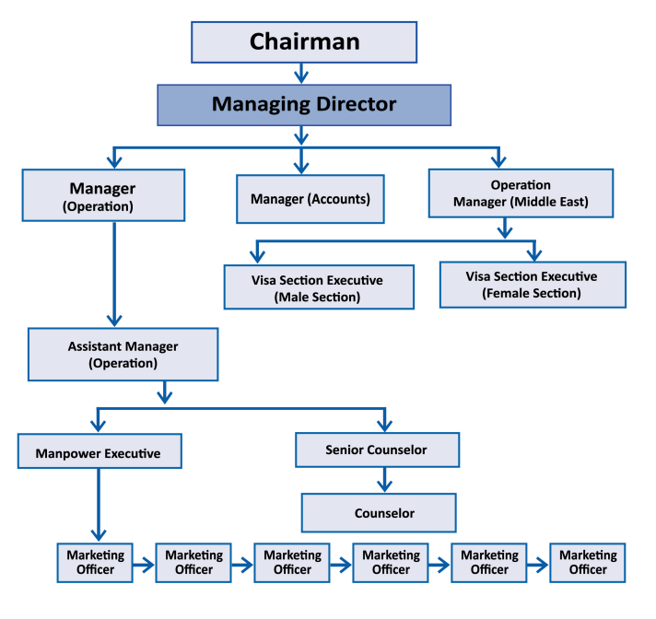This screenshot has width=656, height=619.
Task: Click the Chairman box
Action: (304, 41)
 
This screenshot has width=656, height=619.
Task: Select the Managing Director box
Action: (304, 104)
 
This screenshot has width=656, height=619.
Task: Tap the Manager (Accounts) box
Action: (310, 198)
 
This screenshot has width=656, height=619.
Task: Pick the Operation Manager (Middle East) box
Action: (521, 193)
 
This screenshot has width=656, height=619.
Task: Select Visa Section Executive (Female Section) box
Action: (532, 284)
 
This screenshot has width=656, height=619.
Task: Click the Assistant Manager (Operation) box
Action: (123, 355)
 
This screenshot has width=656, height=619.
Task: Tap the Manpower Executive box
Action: (98, 453)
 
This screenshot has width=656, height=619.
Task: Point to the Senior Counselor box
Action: (377, 450)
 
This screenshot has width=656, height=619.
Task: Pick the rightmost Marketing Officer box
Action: (588, 562)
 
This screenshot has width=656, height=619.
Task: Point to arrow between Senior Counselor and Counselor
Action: (384, 480)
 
